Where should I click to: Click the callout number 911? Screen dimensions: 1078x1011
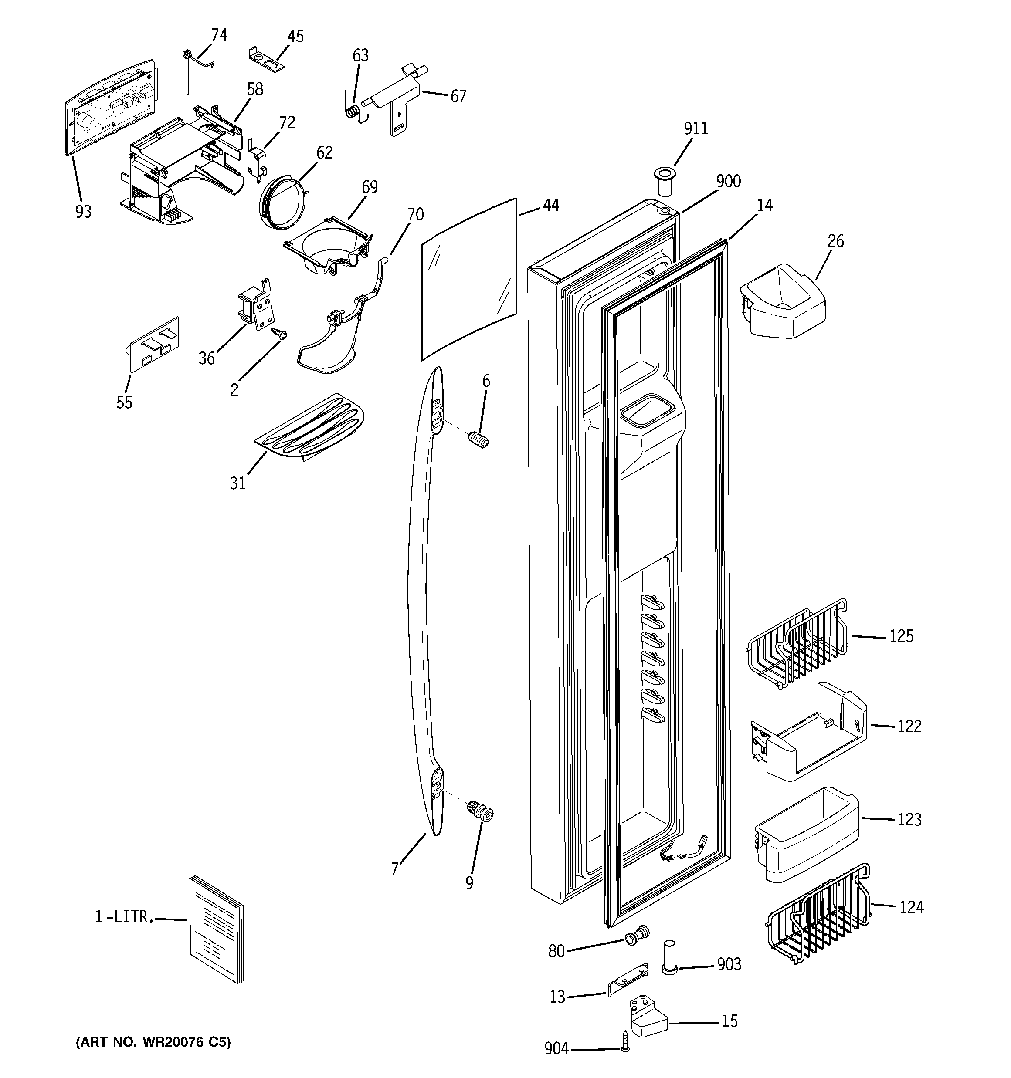tap(695, 128)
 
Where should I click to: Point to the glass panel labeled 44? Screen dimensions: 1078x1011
tap(469, 279)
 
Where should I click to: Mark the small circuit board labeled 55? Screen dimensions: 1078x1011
tap(153, 345)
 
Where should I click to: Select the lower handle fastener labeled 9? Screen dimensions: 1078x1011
tap(481, 813)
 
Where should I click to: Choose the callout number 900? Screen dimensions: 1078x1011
tap(728, 181)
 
